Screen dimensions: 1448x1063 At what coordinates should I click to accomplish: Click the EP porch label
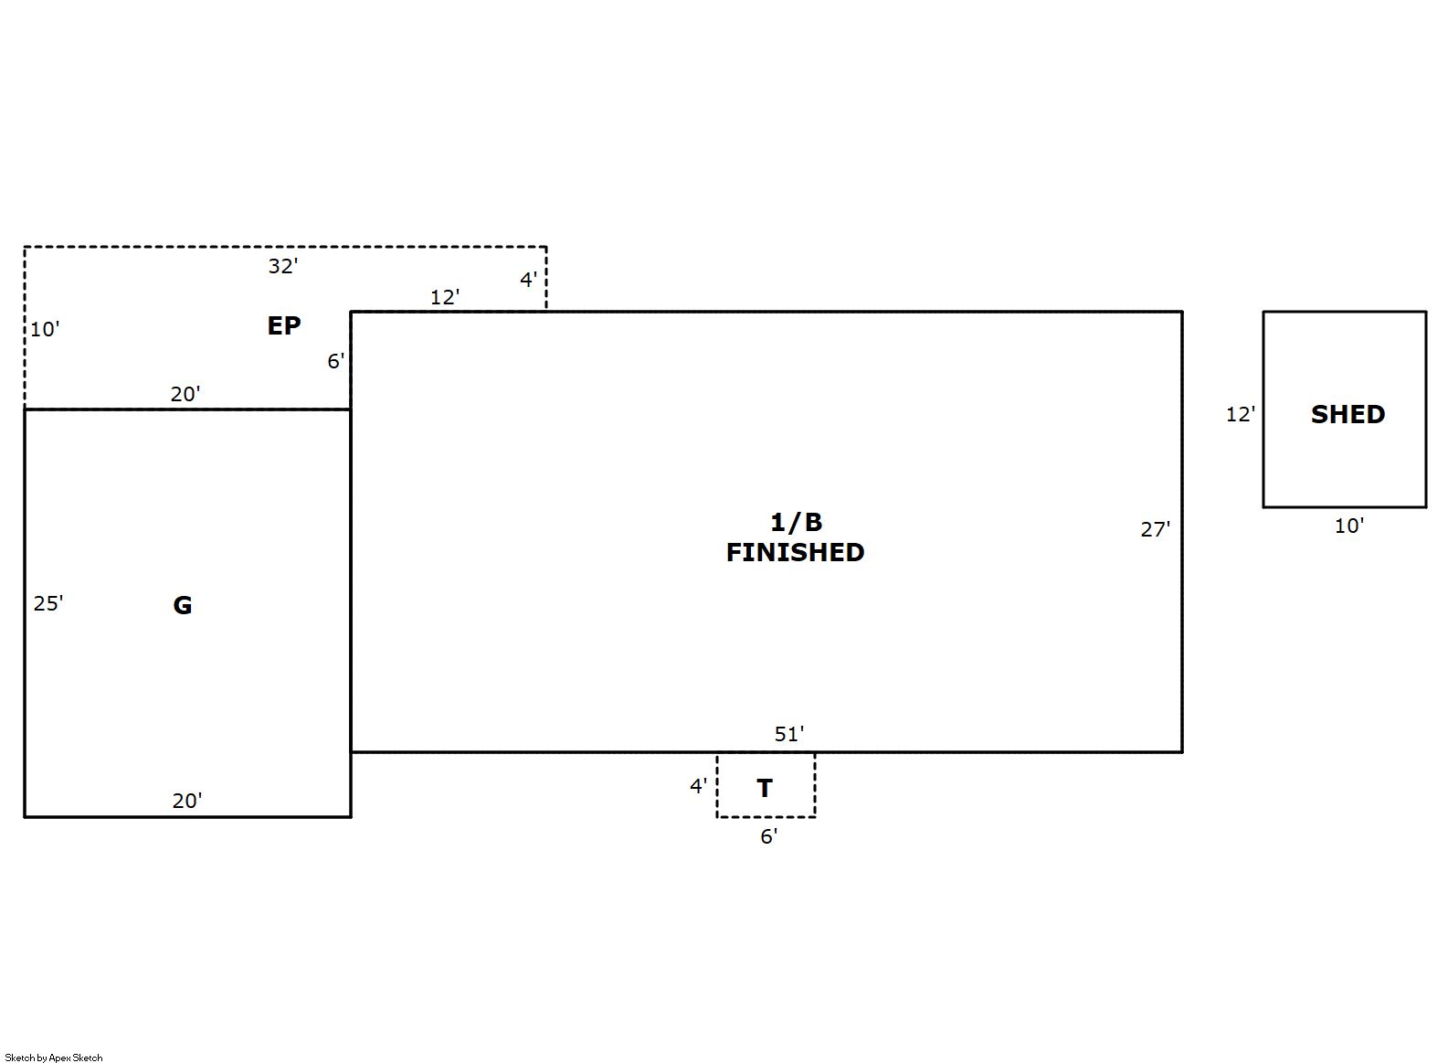[x=284, y=325]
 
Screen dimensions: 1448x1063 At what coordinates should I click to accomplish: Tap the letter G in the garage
[x=183, y=605]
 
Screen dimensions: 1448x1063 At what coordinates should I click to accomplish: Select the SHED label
[x=1348, y=414]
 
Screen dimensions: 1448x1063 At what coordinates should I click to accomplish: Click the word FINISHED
[x=795, y=552]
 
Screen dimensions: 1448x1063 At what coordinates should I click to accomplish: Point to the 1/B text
[x=796, y=521]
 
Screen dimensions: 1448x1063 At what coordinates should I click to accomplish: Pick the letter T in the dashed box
[x=765, y=788]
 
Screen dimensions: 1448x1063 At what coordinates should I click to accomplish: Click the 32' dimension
[x=283, y=266]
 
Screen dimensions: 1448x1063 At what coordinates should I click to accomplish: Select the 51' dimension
[x=789, y=734]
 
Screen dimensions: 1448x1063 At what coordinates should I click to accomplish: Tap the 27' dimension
[x=1155, y=529]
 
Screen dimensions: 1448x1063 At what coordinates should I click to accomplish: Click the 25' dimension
[x=48, y=603]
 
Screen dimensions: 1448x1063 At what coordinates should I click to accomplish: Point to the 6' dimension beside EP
[x=336, y=361]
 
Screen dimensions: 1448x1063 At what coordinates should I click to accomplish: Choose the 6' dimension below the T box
[x=768, y=836]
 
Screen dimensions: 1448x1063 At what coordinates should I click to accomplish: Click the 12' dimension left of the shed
[x=1241, y=414]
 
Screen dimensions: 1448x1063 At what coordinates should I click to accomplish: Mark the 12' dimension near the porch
[x=445, y=297]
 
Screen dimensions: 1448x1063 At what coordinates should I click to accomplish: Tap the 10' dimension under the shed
[x=1349, y=526]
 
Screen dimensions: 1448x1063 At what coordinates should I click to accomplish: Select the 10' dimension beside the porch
[x=45, y=329]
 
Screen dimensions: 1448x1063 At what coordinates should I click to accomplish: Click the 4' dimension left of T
[x=698, y=786]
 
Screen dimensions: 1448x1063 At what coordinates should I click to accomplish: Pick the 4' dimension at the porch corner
[x=529, y=280]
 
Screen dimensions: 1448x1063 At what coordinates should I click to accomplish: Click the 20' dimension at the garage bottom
[x=187, y=801]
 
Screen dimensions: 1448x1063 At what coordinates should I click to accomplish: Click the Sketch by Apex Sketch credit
[x=54, y=1058]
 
